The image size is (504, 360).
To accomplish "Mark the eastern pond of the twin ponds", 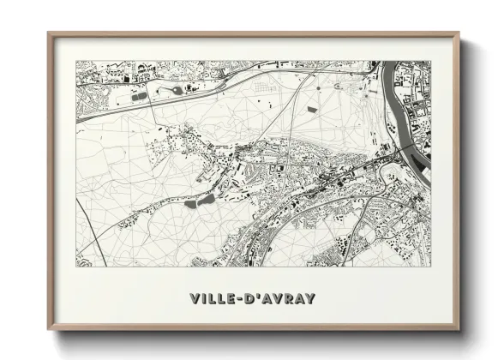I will [207, 199].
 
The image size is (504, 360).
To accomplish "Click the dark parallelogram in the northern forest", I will [318, 87].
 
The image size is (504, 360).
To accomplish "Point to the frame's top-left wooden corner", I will [50, 35].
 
